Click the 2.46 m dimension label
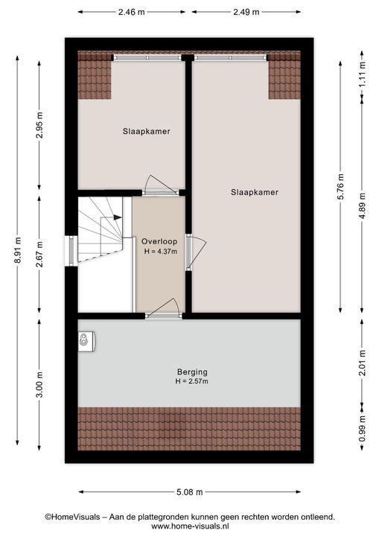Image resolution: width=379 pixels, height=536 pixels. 131,12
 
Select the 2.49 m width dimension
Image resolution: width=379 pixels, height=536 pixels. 246,12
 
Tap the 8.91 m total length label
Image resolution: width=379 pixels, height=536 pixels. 17,250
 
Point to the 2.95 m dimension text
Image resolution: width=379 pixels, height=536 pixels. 39,125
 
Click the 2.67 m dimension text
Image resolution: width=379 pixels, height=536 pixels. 39,254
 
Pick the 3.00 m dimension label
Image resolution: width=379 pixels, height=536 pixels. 39,385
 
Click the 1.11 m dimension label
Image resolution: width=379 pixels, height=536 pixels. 362,74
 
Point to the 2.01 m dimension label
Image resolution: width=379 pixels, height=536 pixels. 362,363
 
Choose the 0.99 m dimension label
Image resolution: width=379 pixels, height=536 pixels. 362,427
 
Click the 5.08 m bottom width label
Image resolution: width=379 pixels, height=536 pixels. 190,492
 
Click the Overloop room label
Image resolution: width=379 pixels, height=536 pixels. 159,241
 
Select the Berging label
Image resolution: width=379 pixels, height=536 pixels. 192,372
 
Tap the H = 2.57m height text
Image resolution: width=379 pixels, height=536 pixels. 191,381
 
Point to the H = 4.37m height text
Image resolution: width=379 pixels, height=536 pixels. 161,252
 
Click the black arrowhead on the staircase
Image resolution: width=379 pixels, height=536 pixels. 118,217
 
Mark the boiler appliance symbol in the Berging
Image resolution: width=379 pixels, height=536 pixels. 86,341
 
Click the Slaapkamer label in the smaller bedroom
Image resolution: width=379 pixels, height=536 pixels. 147,131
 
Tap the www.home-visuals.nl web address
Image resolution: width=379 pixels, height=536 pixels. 190,526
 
